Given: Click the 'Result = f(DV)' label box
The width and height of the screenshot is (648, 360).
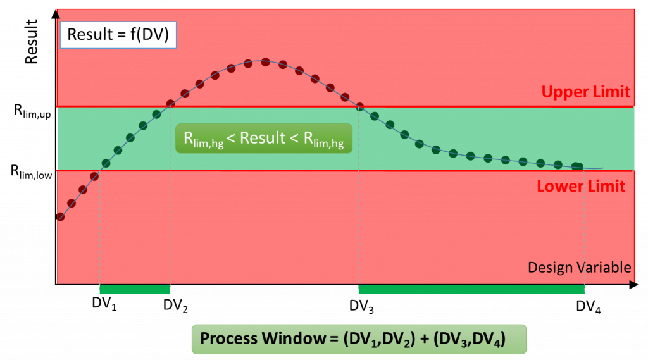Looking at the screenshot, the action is coord(118,35).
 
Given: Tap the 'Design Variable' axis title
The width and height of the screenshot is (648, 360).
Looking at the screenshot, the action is coord(579,268).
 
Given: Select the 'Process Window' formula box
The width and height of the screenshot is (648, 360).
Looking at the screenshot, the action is coord(359,338).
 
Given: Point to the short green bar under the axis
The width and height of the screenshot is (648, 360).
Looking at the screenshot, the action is coord(135,289).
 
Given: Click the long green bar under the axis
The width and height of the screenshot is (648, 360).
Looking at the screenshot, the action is coord(471,289).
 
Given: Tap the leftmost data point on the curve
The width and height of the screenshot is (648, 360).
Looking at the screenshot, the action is coord(61,216).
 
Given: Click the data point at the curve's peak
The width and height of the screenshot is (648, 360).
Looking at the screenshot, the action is coord(265,62).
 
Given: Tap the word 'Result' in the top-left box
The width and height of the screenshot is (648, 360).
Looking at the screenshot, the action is coord(89,35).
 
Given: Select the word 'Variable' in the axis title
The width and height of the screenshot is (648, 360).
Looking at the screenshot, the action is coord(604,268).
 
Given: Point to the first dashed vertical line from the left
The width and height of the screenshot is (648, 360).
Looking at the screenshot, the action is coord(100,228).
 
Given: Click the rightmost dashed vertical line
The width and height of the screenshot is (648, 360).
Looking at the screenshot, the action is coord(584,228).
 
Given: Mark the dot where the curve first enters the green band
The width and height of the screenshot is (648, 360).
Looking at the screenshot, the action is coord(106,164).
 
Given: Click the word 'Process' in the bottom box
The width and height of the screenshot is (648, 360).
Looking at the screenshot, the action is coord(231,338).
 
